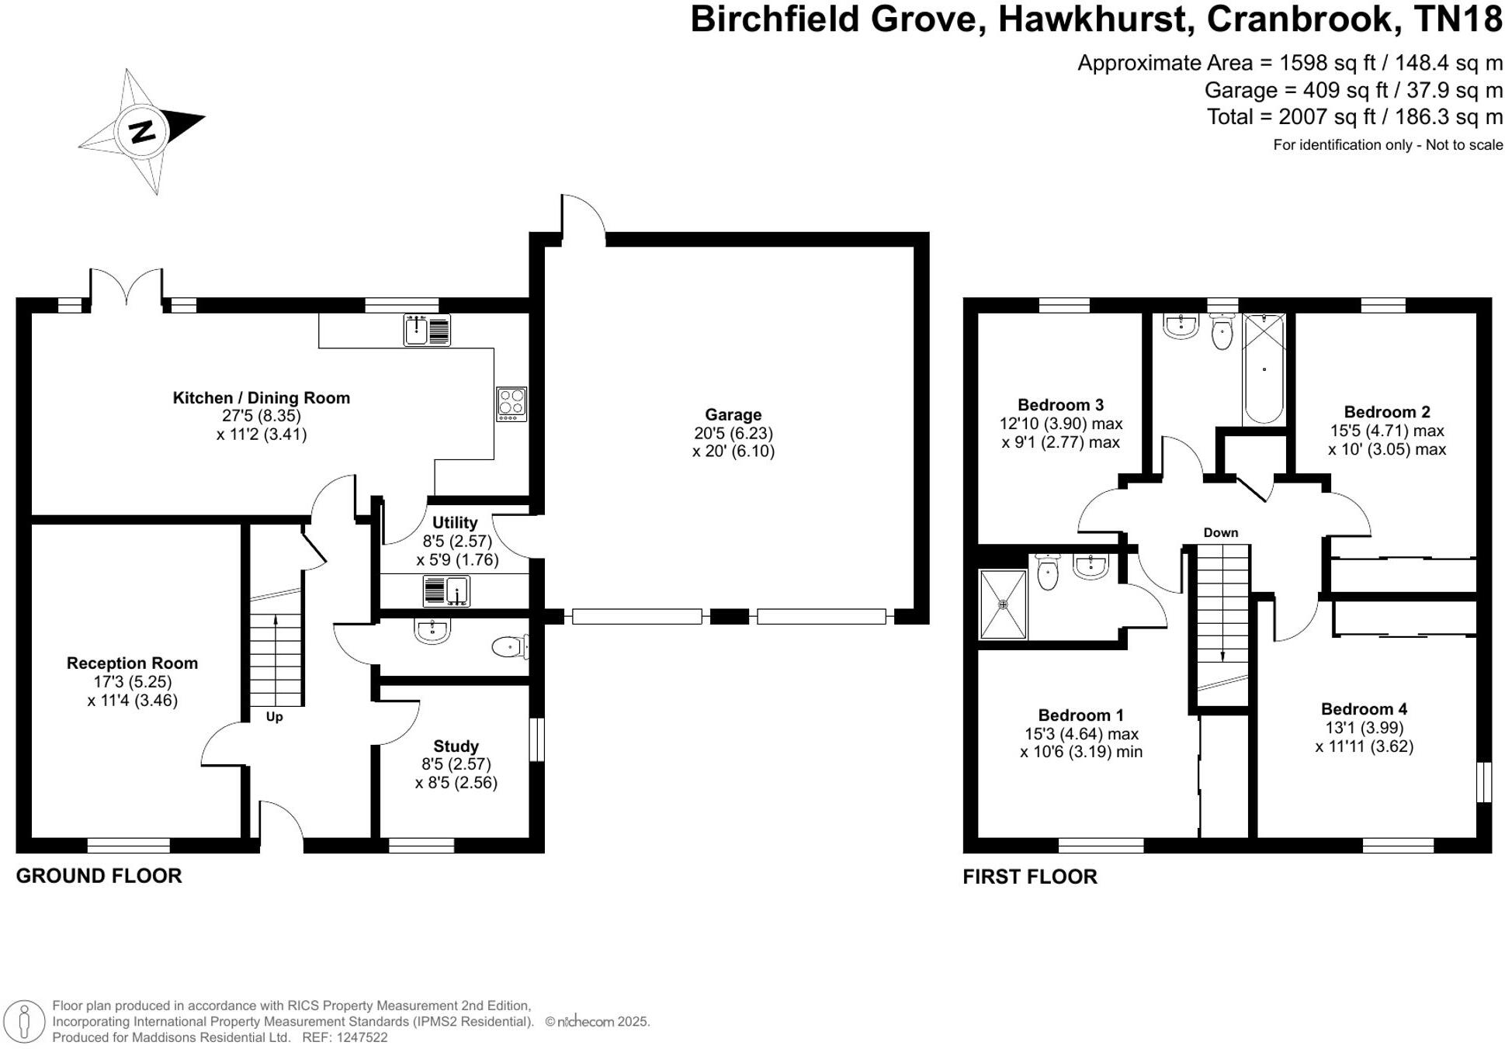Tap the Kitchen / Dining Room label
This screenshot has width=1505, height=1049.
262,398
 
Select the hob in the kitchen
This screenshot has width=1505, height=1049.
511,404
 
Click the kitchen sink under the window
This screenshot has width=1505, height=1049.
427,330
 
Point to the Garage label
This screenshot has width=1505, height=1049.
733,415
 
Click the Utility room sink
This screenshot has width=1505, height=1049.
446,591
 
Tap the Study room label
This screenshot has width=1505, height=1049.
456,746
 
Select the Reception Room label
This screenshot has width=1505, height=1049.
132,663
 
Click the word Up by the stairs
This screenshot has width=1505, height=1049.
274,717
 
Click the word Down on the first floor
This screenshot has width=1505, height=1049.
1221,532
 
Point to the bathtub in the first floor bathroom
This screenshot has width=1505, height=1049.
1264,369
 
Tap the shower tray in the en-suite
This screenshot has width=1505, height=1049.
1003,604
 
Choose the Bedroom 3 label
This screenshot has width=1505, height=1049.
1060,405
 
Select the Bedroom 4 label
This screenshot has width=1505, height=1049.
1364,709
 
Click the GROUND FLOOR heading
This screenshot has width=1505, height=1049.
99,876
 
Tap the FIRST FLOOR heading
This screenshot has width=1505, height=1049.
1030,877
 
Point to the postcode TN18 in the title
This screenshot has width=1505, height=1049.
1459,19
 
